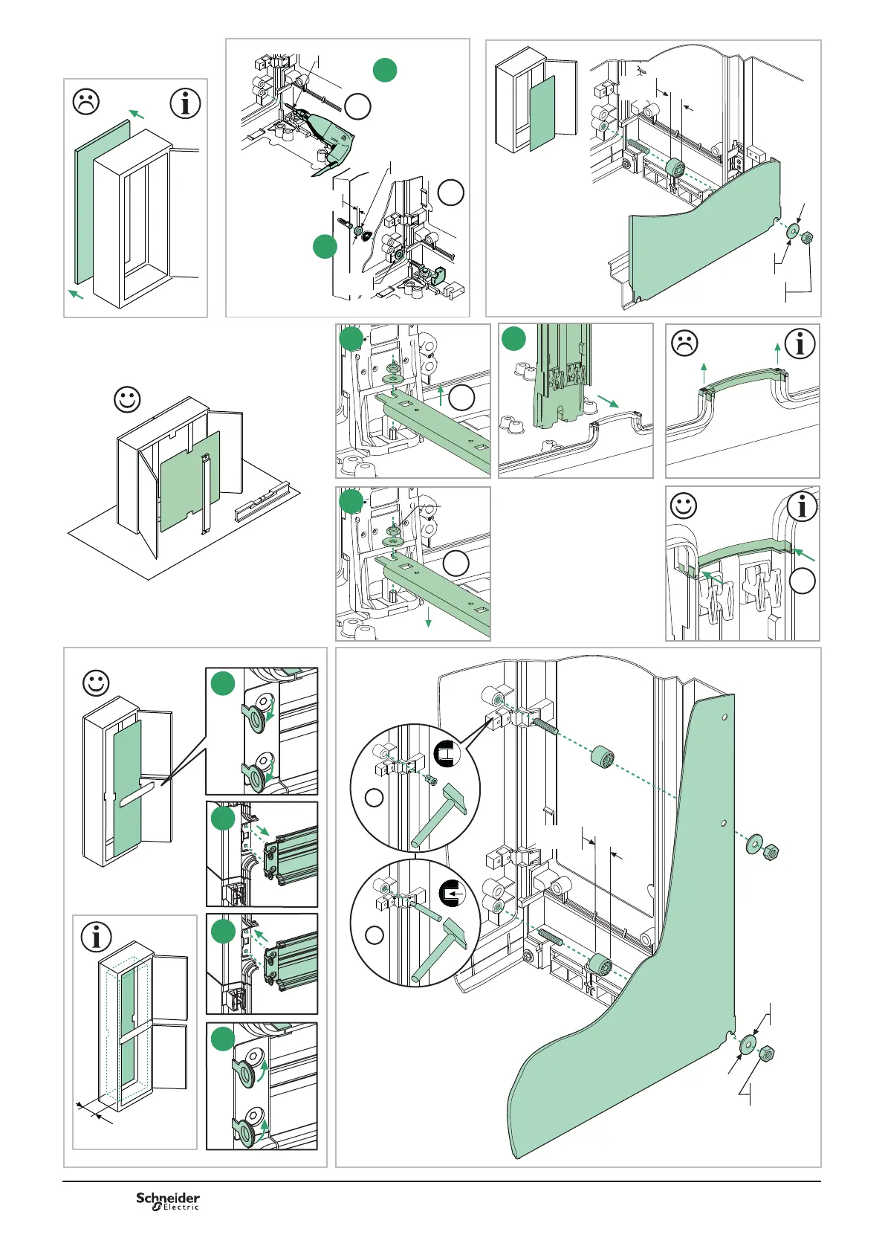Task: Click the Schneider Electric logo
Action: pyautogui.click(x=168, y=1201)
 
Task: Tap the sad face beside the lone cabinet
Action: pyautogui.click(x=86, y=102)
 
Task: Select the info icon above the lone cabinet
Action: pyautogui.click(x=185, y=103)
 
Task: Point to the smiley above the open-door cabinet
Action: pyautogui.click(x=127, y=400)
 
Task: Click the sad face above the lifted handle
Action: pyautogui.click(x=684, y=343)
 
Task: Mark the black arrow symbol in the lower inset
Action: pyautogui.click(x=453, y=891)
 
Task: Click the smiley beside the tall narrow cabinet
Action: pyautogui.click(x=96, y=683)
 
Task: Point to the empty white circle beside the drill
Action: pyautogui.click(x=358, y=107)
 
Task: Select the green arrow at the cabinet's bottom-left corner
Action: pyautogui.click(x=76, y=294)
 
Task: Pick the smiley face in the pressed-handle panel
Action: pyautogui.click(x=684, y=506)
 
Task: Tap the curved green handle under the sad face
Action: pyautogui.click(x=743, y=381)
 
